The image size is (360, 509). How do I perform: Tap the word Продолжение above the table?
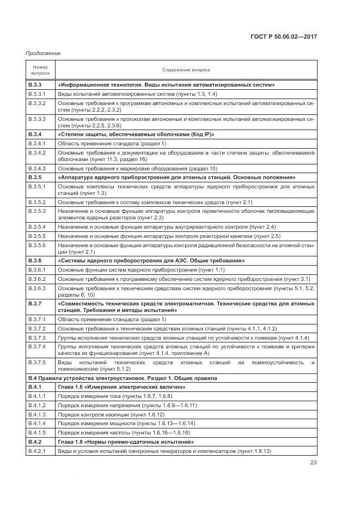[42, 53]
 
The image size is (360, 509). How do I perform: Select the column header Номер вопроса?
[40, 70]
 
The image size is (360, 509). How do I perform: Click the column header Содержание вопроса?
[186, 70]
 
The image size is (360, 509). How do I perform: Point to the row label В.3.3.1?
[37, 94]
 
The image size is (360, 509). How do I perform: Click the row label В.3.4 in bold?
[35, 134]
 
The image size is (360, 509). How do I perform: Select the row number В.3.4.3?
[37, 168]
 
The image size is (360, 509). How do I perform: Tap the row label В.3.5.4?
[37, 226]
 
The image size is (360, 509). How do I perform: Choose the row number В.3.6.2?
[37, 279]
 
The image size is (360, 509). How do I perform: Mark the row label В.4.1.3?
[37, 414]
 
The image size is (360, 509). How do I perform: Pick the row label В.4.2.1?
[37, 451]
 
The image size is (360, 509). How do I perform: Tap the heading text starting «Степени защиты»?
[136, 134]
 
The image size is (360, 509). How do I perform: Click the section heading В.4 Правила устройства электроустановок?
[122, 378]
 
